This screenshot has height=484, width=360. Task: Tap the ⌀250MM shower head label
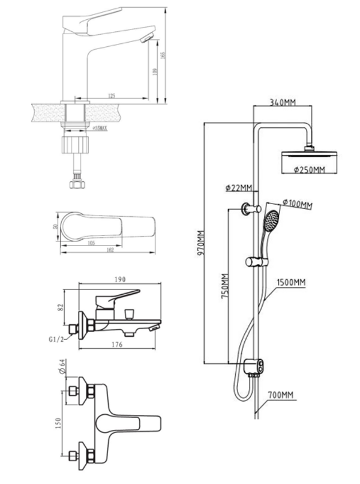pyautogui.click(x=309, y=171)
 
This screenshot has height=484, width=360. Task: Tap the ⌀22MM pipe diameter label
pyautogui.click(x=239, y=189)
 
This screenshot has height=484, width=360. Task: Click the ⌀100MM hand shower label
pyautogui.click(x=298, y=205)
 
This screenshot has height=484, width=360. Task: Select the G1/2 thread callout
pyautogui.click(x=56, y=339)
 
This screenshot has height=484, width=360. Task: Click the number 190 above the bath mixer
pyautogui.click(x=119, y=279)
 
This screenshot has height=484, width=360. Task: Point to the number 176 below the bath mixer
pyautogui.click(x=117, y=345)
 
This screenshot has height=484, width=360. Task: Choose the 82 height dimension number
pyautogui.click(x=58, y=308)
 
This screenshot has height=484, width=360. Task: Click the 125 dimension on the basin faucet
pyautogui.click(x=112, y=95)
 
